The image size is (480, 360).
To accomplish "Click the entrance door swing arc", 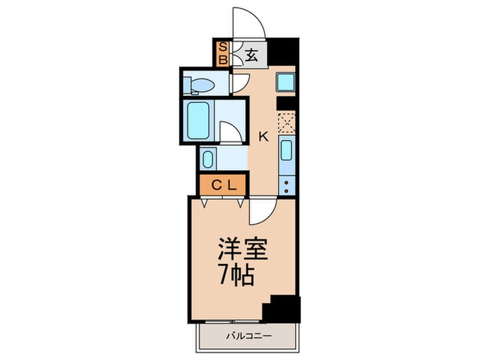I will coord(248,22).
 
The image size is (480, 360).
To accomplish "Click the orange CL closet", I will coord(222,184).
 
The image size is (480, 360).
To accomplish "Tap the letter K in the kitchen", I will coord(263,136).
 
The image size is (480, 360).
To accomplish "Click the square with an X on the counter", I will coord(286,123).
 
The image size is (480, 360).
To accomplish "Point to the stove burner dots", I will coord(287,182).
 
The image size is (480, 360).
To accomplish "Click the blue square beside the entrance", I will coord(285,83).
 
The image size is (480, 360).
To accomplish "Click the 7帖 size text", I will coord(237,276).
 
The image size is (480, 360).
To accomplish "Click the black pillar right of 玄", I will coord(284,52).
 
